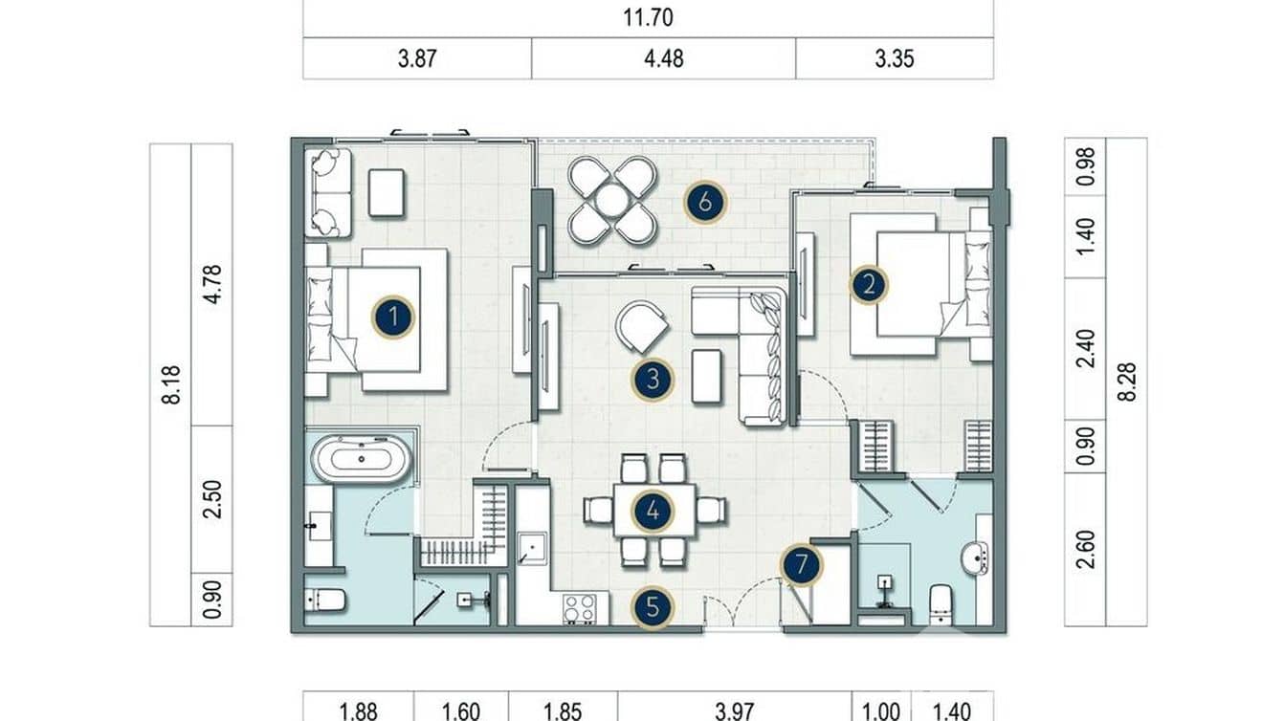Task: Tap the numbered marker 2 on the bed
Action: pos(869,284)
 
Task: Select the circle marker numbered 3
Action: pos(653,380)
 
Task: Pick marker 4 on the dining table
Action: pos(653,511)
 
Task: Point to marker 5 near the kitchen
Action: pos(653,606)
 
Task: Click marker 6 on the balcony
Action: pos(705,202)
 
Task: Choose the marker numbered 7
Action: pos(801,565)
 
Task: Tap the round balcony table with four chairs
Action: pos(612,200)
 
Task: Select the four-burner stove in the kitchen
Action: pos(579,608)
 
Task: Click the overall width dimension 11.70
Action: pos(648,17)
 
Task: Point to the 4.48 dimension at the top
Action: pos(663,59)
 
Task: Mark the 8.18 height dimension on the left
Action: pos(171,384)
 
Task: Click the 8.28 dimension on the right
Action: pos(1127,382)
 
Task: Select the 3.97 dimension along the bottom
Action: pos(734,710)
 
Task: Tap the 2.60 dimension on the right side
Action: pos(1085,550)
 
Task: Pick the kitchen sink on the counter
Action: pos(529,549)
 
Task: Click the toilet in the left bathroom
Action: pos(326,601)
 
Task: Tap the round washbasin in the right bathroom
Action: pos(974,557)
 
